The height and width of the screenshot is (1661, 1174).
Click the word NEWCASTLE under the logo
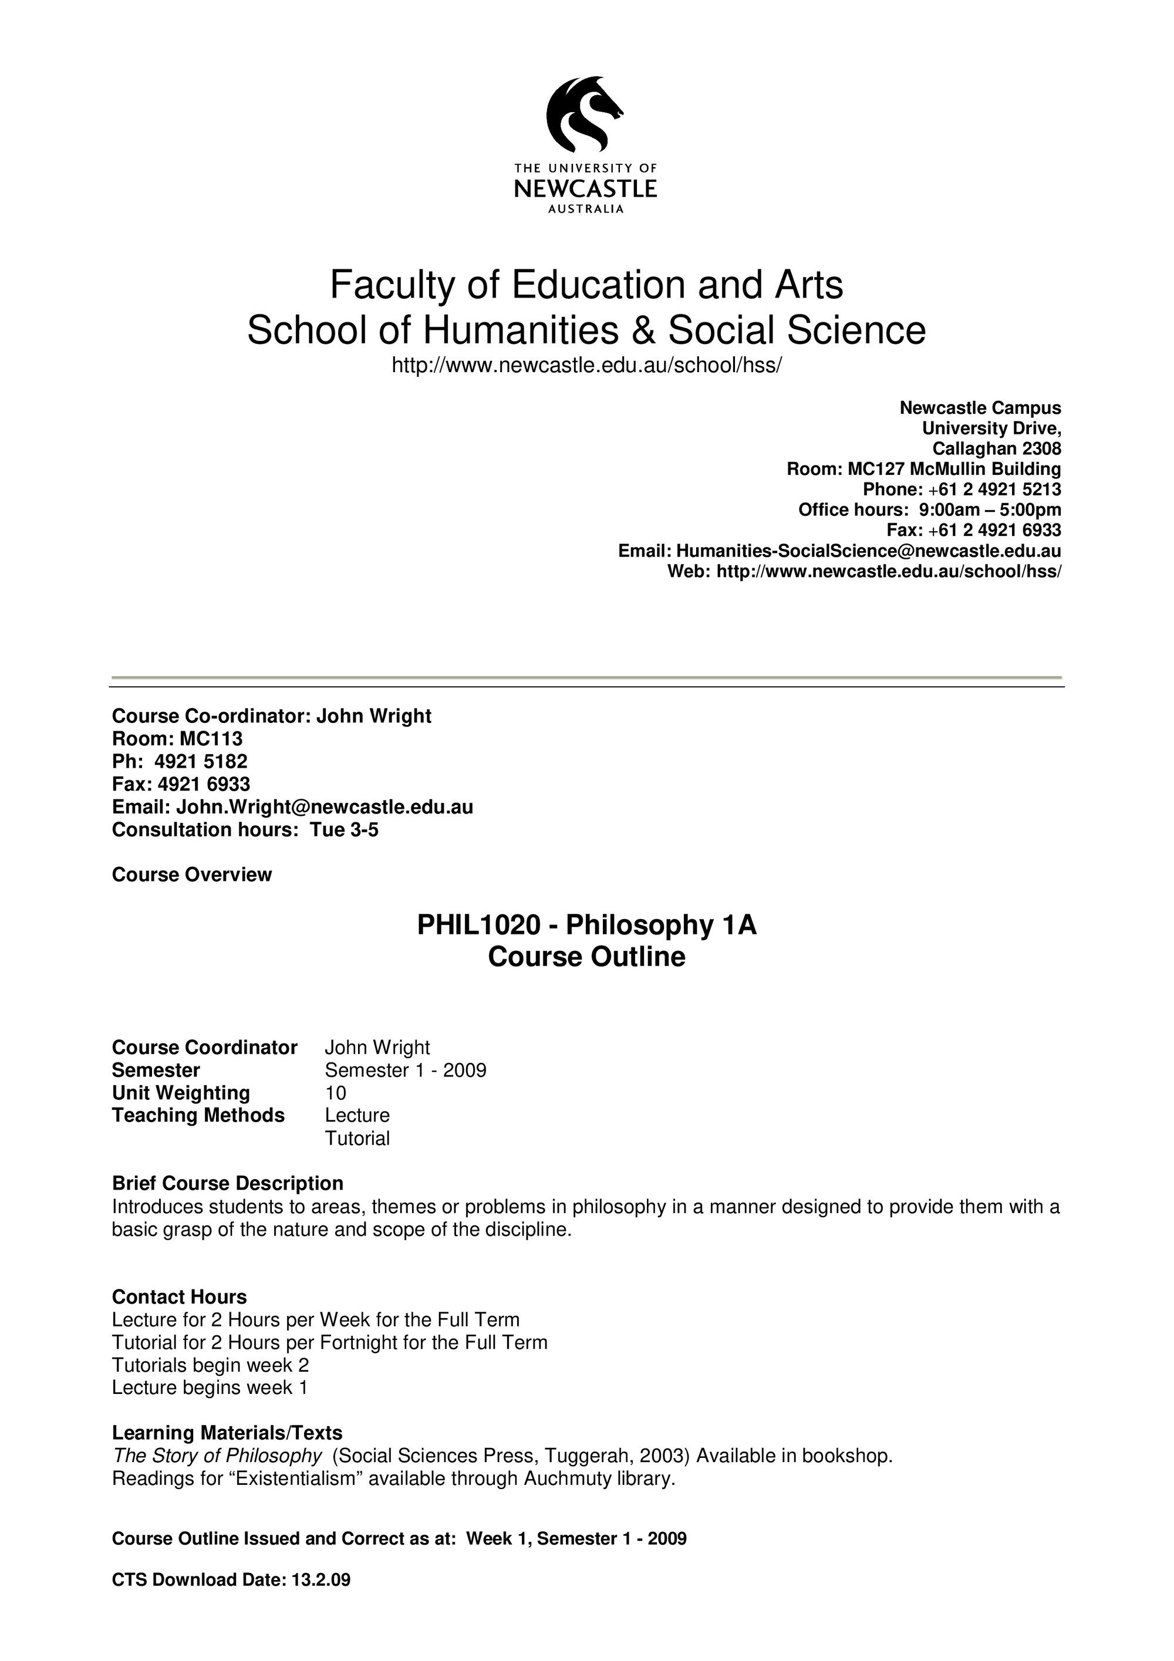coord(585,189)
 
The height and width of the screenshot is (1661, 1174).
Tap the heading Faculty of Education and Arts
coord(586,284)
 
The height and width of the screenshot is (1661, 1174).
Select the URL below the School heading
coord(586,365)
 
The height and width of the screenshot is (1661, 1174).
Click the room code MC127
coord(875,469)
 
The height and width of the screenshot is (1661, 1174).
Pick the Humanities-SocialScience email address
coord(868,551)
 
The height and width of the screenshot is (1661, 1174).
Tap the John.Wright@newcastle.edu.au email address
coord(325,806)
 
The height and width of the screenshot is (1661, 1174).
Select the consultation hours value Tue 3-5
coord(345,829)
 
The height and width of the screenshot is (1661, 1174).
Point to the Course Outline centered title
coord(586,956)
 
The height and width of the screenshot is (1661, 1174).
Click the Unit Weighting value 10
coord(336,1092)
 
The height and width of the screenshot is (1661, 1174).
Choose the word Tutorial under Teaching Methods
coord(357,1138)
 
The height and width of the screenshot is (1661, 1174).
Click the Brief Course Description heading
coord(227,1183)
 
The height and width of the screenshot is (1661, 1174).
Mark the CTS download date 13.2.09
coord(321,1579)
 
